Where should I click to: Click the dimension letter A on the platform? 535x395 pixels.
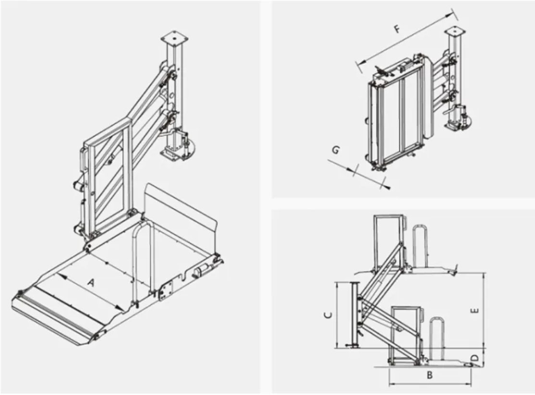pos(90,283)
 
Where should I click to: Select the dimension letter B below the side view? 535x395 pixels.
pos(430,375)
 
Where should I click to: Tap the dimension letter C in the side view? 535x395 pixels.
pos(327,315)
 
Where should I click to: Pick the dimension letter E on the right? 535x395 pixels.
pos(475,311)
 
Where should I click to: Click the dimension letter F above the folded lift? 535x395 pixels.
pos(397,29)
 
